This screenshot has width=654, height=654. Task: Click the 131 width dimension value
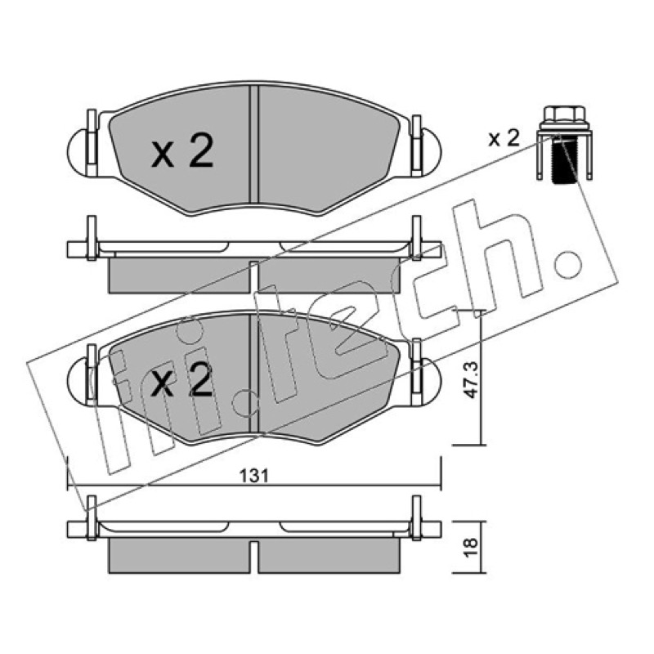253,476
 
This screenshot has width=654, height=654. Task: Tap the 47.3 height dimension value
471,380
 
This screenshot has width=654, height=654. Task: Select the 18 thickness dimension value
471,547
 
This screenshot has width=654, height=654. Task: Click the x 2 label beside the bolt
504,138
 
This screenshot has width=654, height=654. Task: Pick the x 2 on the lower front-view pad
182,379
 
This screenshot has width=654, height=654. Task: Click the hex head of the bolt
564,114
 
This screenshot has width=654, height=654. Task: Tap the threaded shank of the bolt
564,160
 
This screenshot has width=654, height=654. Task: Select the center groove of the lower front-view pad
253,374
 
